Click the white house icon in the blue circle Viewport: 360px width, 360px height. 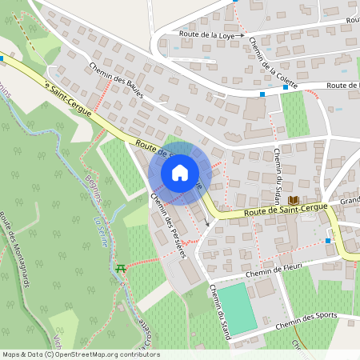[x=180, y=173]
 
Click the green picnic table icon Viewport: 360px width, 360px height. [x=121, y=268]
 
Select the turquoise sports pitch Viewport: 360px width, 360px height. [x=238, y=308]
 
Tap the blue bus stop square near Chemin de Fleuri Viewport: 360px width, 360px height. [x=328, y=241]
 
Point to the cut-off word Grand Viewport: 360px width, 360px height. [x=349, y=201]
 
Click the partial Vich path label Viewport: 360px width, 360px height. [x=58, y=342]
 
